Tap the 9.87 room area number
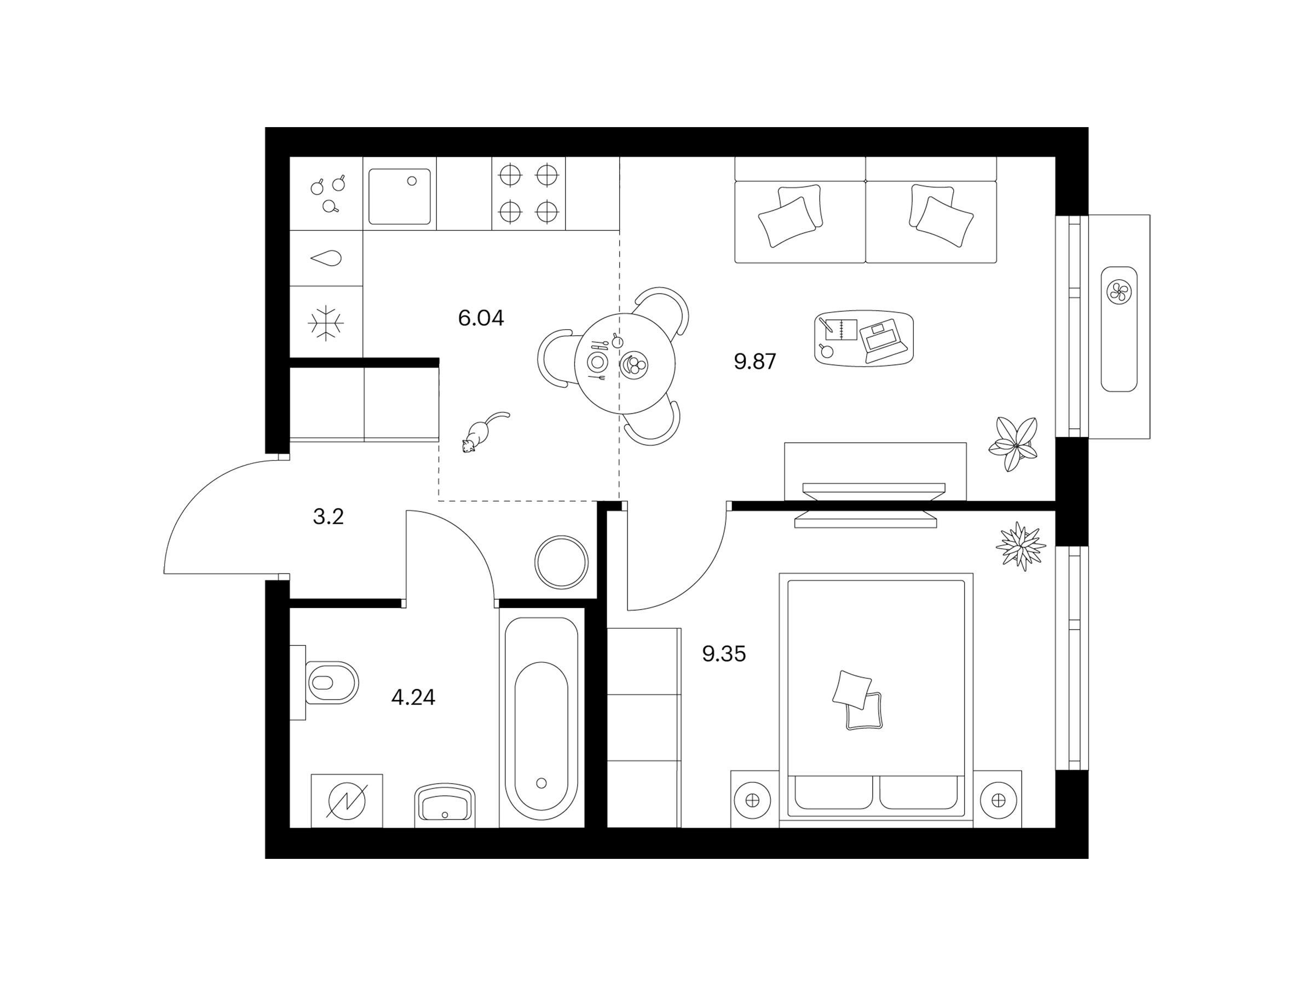pos(755,362)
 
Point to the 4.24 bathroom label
pos(413,697)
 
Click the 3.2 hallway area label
pos(328,517)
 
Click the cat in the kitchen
pos(483,433)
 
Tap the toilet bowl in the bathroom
pos(331,683)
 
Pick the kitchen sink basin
pos(399,197)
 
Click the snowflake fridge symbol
pos(326,323)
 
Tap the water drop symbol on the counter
pos(326,259)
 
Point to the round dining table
pos(625,363)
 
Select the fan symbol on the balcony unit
pos(1119,292)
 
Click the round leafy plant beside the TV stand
pos(1014,444)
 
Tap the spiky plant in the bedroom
pos(1021,546)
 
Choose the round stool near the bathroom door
pos(561,562)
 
